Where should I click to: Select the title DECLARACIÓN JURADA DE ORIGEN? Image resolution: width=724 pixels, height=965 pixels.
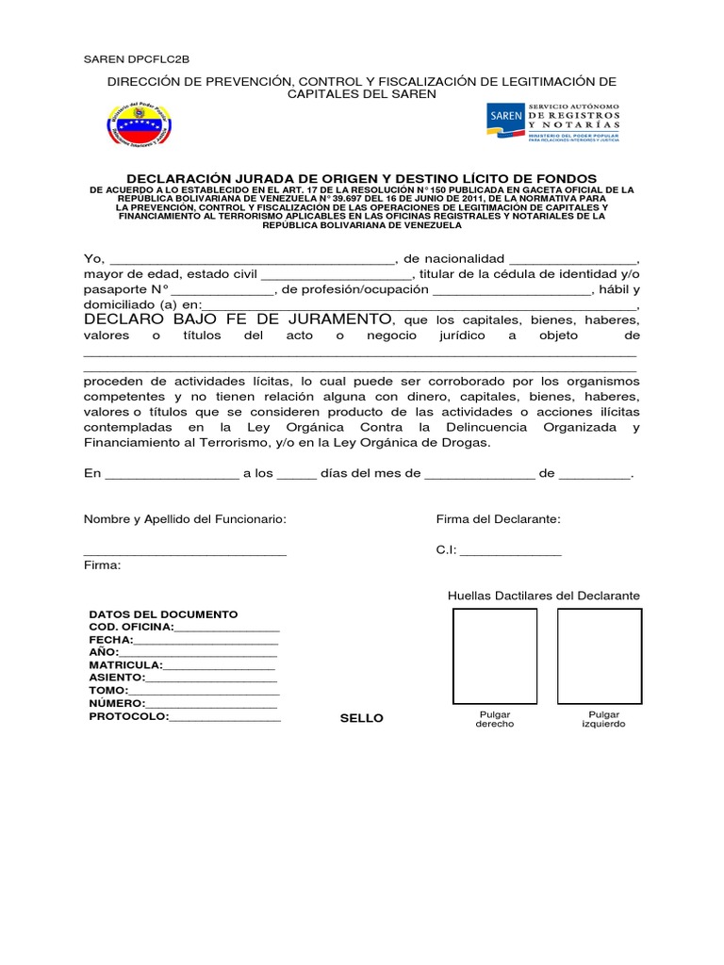[362, 178]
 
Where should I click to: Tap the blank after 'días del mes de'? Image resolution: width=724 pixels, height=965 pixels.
[479, 476]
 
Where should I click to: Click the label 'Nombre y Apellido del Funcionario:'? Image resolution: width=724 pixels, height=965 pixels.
[185, 519]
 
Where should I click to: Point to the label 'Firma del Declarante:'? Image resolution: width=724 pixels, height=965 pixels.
[498, 519]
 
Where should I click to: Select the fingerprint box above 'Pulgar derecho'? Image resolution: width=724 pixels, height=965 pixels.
[495, 657]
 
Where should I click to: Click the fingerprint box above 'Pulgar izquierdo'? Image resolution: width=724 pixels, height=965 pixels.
[600, 657]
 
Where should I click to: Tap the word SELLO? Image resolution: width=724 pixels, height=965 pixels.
[362, 718]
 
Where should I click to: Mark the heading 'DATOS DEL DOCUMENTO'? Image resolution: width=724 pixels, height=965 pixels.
[163, 613]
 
